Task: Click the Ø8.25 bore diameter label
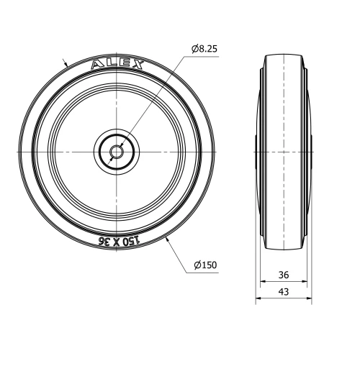click(x=205, y=48)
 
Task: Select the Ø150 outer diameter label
click(x=205, y=266)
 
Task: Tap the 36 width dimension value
click(x=283, y=274)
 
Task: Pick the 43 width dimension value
click(x=283, y=291)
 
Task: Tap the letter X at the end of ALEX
click(x=137, y=66)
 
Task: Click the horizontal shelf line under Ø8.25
click(x=204, y=56)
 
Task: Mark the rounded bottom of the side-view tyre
click(x=283, y=250)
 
